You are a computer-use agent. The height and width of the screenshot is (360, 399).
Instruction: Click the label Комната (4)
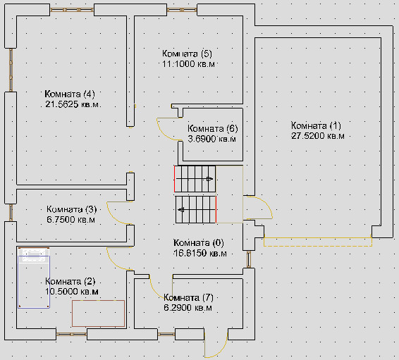(70, 94)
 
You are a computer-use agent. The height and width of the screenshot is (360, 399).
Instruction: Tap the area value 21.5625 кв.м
(72, 104)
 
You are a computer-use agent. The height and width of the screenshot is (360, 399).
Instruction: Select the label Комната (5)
(187, 54)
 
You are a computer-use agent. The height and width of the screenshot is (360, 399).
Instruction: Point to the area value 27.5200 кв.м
(318, 136)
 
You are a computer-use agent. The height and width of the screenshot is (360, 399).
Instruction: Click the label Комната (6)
(213, 129)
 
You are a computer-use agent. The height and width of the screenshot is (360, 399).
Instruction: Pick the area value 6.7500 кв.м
(70, 219)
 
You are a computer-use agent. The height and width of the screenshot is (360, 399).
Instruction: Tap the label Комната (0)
(199, 243)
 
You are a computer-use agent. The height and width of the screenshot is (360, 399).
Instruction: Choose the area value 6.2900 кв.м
(188, 308)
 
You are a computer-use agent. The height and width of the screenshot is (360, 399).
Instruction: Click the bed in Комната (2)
(34, 278)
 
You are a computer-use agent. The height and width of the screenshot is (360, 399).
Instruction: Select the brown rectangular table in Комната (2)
(98, 314)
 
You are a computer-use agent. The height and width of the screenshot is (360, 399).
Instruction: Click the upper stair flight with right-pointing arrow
(195, 179)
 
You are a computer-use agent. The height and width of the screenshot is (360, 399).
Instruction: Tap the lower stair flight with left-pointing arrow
(196, 209)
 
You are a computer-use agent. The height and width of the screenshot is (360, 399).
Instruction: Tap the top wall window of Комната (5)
(182, 10)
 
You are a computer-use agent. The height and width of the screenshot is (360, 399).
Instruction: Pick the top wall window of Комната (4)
(72, 10)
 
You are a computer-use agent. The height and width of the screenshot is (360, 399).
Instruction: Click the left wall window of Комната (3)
(11, 213)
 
